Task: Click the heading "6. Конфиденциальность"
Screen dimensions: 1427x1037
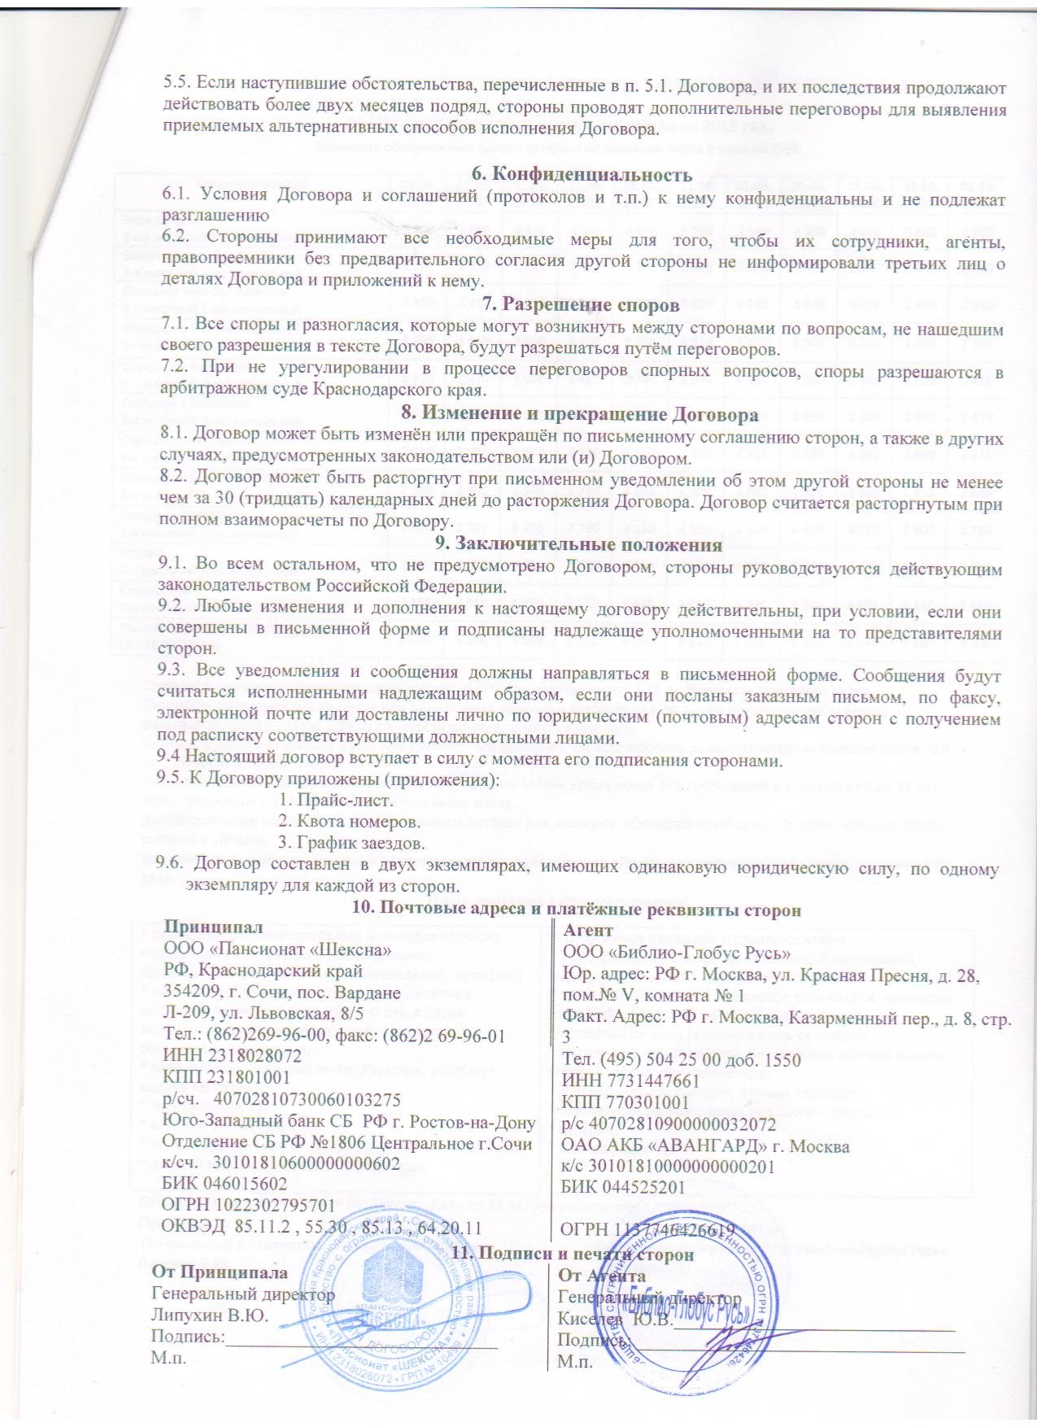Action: coord(582,174)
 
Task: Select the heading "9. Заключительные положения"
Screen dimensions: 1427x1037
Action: coord(582,543)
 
